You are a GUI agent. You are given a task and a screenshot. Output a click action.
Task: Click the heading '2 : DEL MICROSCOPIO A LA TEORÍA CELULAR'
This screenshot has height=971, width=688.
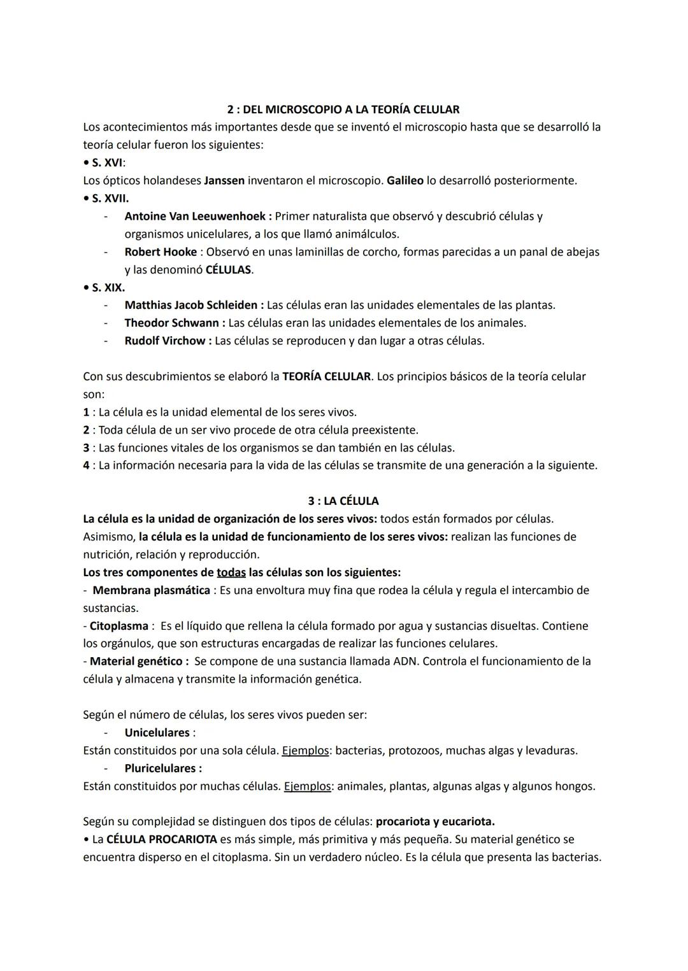(343, 109)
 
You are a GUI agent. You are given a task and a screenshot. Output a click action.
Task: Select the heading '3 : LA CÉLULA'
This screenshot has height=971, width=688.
(343, 501)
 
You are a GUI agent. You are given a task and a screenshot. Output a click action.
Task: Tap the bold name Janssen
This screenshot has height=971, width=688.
(224, 180)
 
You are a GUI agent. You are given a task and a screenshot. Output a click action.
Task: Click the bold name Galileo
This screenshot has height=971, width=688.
(405, 180)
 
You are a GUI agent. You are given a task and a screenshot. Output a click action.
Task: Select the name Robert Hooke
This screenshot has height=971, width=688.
(161, 252)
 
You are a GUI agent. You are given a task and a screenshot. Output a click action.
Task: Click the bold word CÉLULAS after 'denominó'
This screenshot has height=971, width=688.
(228, 269)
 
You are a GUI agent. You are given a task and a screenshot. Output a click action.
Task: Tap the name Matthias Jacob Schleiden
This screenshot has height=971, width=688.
(191, 305)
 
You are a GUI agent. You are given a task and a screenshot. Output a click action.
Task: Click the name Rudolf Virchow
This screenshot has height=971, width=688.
(164, 341)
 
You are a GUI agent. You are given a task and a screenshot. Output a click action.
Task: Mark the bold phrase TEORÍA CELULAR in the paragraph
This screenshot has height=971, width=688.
(326, 376)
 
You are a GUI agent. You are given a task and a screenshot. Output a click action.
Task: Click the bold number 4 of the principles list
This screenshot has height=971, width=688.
(86, 465)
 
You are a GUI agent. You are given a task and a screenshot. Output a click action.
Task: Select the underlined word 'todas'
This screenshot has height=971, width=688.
(231, 572)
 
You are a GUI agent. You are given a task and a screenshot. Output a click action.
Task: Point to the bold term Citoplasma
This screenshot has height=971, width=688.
(118, 626)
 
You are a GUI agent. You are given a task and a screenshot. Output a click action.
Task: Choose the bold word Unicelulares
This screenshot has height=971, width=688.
(157, 733)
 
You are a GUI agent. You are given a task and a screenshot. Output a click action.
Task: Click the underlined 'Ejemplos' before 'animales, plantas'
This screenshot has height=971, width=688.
(307, 786)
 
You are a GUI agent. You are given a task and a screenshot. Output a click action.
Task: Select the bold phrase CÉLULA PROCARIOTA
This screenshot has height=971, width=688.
(161, 839)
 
